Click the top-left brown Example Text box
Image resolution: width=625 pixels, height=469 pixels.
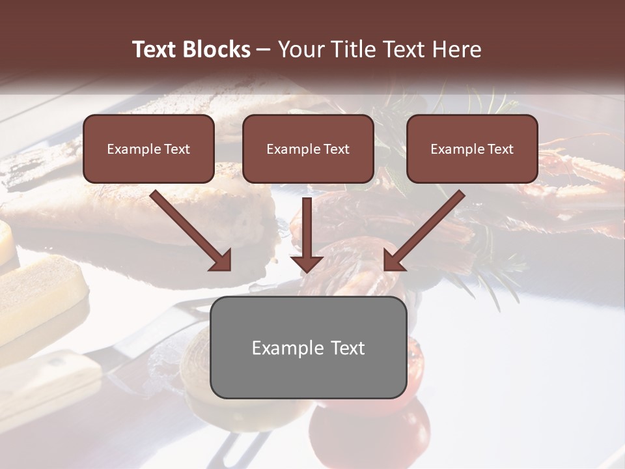(148, 149)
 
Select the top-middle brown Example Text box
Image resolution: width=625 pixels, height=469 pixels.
(308, 149)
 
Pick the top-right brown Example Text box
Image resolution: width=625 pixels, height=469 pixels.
(472, 149)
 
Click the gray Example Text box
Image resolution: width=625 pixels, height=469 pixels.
(308, 347)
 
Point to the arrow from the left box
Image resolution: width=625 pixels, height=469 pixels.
(189, 229)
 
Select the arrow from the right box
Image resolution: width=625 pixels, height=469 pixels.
(426, 229)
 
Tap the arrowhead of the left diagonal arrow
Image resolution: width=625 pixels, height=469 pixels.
(221, 260)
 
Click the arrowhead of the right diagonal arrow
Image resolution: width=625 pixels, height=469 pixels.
(394, 260)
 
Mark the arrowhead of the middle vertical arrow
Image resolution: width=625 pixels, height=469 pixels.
(307, 263)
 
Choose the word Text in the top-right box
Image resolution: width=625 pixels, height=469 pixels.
(500, 149)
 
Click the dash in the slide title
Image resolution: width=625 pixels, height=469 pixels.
(264, 50)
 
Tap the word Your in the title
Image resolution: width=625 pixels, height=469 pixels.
(300, 50)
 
